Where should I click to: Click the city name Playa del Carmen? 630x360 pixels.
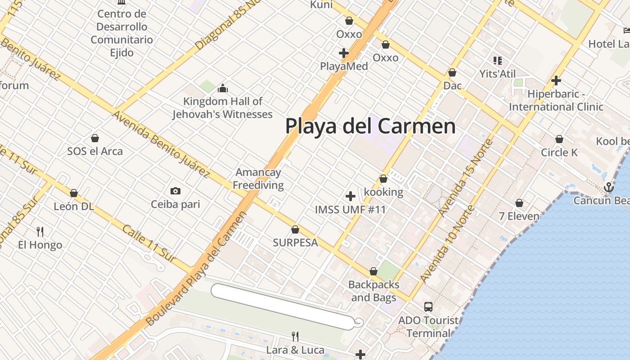point(370,126)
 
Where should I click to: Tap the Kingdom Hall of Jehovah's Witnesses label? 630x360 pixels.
point(223,108)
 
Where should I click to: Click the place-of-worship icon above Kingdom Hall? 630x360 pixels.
point(222,88)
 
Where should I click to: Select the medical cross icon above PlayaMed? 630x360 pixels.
point(344,53)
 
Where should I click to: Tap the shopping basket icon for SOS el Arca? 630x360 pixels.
point(95,138)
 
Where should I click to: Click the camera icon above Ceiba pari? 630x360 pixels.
point(175,191)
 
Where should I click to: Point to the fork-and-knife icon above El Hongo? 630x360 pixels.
point(40,232)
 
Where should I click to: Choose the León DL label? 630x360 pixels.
point(74,207)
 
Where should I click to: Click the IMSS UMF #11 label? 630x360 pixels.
point(350,210)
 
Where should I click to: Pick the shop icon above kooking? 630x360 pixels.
point(383,179)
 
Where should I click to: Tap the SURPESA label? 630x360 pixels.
point(295,243)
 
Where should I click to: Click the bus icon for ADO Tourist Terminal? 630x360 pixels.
point(428,307)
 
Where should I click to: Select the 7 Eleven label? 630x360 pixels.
point(519,216)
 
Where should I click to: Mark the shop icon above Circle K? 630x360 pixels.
point(559,139)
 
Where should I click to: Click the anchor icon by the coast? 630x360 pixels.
point(609,187)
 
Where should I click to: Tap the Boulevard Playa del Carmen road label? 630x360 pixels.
point(197,269)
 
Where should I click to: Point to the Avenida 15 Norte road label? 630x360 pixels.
point(466,178)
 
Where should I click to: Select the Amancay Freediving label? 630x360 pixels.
point(258,179)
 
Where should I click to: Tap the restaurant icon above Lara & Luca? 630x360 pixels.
point(295,336)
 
